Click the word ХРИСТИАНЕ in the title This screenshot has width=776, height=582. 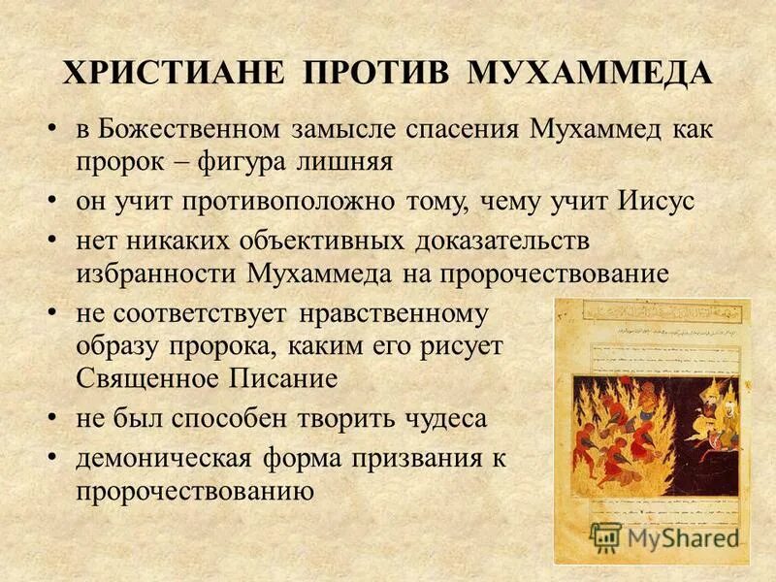[x=172, y=75]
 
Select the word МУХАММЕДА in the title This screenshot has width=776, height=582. [x=590, y=75]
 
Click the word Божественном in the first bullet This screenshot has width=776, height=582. [x=189, y=130]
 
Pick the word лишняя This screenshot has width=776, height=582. [x=348, y=160]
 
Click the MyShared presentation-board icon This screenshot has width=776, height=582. [x=605, y=536]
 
